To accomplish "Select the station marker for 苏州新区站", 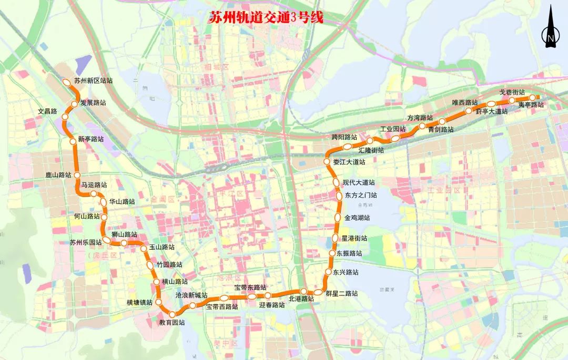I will tap(67, 82).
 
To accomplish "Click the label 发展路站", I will tap(93, 103).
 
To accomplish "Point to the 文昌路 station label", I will tap(47, 112).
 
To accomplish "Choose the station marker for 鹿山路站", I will tap(77, 174).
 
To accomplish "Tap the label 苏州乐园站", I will tap(86, 242).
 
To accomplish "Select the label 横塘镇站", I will tap(139, 303).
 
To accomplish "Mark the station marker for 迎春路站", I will tap(268, 295).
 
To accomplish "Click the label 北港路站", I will tap(301, 299).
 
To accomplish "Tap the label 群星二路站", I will tap(342, 293).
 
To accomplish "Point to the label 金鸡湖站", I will tap(357, 218).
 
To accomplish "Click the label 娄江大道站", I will tap(349, 162).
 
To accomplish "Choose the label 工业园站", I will tap(393, 129).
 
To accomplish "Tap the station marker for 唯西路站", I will tap(468, 111).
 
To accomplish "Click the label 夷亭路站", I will tap(531, 105).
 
